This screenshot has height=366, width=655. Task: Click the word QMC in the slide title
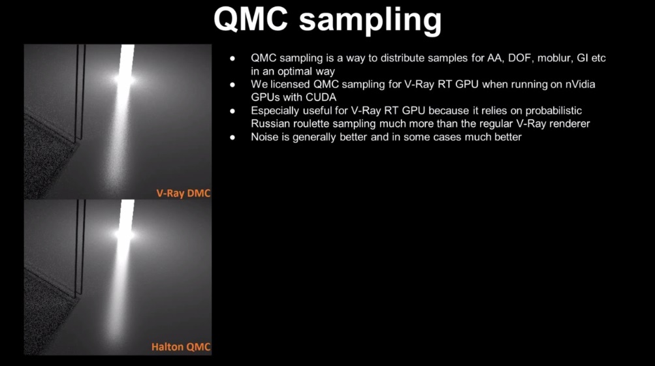[251, 19]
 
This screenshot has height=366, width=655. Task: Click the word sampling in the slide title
[370, 22]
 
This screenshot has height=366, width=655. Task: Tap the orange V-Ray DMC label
[184, 193]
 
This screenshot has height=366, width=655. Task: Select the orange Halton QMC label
[181, 347]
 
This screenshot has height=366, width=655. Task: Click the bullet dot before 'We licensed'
[232, 85]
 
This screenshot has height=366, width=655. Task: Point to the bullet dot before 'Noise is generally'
[232, 137]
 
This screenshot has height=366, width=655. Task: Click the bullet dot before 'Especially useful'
[232, 111]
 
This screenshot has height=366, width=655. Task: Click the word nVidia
[580, 84]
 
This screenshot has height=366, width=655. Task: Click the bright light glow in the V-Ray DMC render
[125, 80]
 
